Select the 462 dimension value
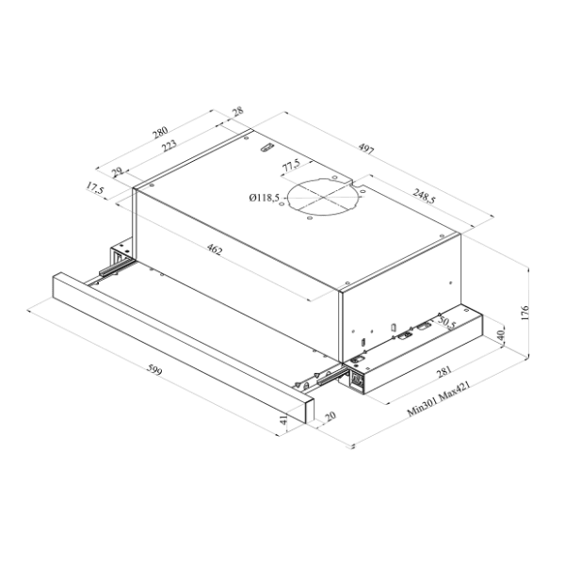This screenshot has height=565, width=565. [215, 250]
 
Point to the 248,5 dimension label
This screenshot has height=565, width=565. [424, 196]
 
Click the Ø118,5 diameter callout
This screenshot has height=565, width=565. [264, 198]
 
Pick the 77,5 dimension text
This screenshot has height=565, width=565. [292, 166]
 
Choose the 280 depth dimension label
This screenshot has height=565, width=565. [160, 132]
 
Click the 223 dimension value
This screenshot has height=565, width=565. [169, 146]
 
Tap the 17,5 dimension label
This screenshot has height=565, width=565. [95, 188]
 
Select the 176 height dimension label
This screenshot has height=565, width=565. [525, 313]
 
